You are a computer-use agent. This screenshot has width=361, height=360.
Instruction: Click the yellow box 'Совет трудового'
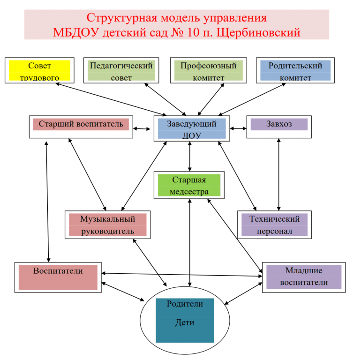tap(39, 70)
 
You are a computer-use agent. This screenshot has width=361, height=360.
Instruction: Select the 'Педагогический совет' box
tap(121, 70)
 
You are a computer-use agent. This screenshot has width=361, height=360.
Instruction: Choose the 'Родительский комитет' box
tap(295, 70)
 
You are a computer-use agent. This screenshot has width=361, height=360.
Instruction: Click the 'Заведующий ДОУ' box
tap(191, 129)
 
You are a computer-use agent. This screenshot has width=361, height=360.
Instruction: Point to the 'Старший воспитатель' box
tap(81, 125)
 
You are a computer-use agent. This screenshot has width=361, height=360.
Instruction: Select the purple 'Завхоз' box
tap(279, 125)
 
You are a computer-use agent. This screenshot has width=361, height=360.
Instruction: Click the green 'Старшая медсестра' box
tap(189, 185)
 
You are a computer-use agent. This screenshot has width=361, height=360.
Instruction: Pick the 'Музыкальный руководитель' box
tap(107, 224)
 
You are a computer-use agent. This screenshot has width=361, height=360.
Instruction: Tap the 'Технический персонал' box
tap(274, 224)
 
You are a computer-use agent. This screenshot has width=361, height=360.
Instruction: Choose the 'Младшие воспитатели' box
tap(303, 277)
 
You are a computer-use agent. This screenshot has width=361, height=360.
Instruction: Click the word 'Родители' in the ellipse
tap(185, 304)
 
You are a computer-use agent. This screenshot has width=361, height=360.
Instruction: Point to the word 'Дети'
tap(185, 322)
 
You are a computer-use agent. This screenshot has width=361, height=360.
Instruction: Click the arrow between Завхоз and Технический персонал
tap(279, 174)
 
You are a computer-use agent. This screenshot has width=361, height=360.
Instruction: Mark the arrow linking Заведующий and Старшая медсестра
tap(189, 156)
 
